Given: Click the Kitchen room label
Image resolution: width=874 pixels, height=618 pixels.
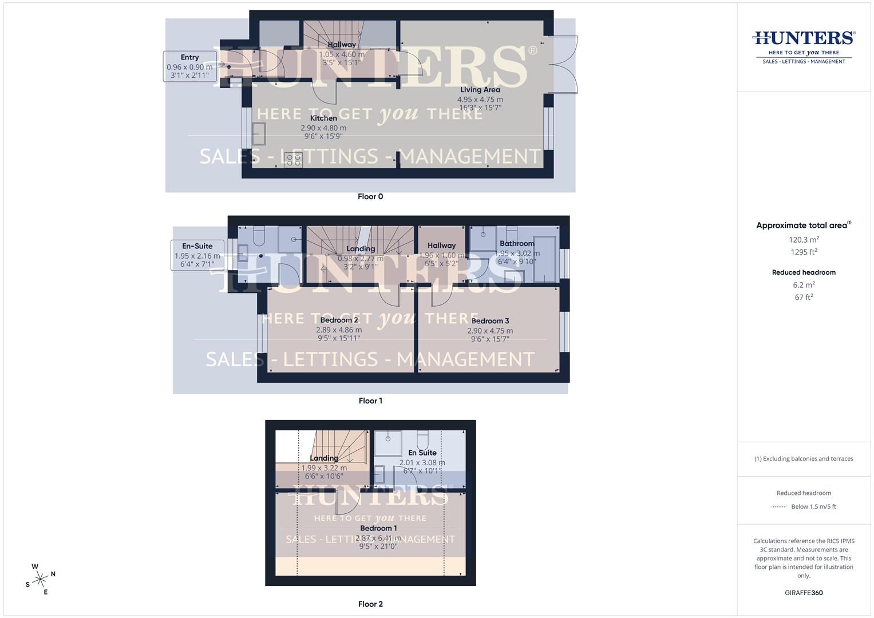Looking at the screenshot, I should click(323, 118).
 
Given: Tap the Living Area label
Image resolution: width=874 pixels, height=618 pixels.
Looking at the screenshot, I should click(480, 90).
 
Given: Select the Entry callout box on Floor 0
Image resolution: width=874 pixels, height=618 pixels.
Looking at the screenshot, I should click(190, 66).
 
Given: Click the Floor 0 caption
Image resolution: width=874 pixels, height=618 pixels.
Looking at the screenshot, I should click(370, 196).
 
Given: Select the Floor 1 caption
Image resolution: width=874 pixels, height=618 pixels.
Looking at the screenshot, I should click(370, 401).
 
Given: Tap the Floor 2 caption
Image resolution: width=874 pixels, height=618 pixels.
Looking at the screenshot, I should click(370, 604).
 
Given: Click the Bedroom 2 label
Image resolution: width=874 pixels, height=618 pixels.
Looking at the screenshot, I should click(339, 320).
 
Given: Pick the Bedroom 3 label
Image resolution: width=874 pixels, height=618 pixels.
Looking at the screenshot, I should click(490, 321).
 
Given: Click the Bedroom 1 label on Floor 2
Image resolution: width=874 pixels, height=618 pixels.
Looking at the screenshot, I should click(378, 528).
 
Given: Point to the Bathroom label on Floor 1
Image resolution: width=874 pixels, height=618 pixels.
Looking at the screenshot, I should click(517, 244).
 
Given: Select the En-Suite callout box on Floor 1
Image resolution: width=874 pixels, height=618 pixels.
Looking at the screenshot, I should click(197, 255).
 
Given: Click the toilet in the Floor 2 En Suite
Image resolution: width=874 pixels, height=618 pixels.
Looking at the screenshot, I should click(423, 440).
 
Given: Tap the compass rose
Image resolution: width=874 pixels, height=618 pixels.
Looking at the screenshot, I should click(40, 580).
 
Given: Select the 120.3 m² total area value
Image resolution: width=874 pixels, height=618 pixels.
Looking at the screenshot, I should click(804, 240).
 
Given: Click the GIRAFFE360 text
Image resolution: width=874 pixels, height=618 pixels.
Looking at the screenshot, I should click(804, 593).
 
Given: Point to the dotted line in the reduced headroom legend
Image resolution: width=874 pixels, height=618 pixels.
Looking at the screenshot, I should click(779, 507).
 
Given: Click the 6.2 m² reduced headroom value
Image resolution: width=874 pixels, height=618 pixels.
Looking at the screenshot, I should click(804, 285).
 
